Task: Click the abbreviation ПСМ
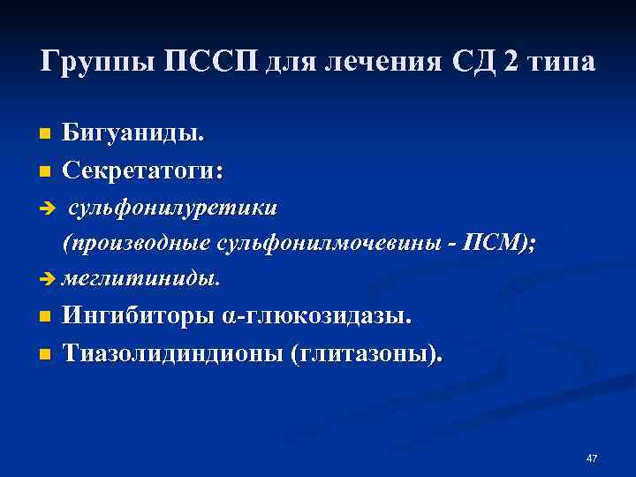click(501, 244)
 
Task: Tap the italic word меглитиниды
click(140, 279)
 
